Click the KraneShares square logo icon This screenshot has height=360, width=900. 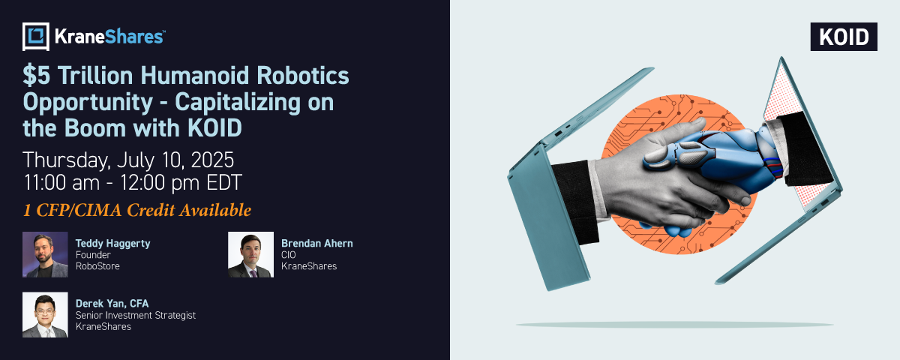pyautogui.click(x=36, y=37)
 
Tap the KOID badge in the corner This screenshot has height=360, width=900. pyautogui.click(x=844, y=37)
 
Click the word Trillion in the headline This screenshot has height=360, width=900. pyautogui.click(x=95, y=76)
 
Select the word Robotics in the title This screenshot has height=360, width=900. pyautogui.click(x=303, y=76)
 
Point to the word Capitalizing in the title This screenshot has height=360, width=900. pyautogui.click(x=238, y=103)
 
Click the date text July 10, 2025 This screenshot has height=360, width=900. pyautogui.click(x=175, y=160)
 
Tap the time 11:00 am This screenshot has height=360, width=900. pyautogui.click(x=61, y=183)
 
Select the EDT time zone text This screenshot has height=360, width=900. pyautogui.click(x=224, y=183)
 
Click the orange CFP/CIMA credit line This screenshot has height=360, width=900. pyautogui.click(x=137, y=210)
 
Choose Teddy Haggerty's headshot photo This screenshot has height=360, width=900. pyautogui.click(x=45, y=254)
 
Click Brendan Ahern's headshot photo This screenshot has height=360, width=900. pyautogui.click(x=250, y=254)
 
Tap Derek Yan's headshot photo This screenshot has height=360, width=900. pyautogui.click(x=45, y=314)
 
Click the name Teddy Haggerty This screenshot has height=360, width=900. pyautogui.click(x=113, y=244)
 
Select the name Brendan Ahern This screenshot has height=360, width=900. pyautogui.click(x=317, y=244)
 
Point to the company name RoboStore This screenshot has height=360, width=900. pyautogui.click(x=97, y=266)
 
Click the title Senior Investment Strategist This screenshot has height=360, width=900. pyautogui.click(x=136, y=316)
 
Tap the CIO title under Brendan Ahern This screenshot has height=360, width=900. pyautogui.click(x=289, y=255)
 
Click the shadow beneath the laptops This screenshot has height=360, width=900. pyautogui.click(x=674, y=325)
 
